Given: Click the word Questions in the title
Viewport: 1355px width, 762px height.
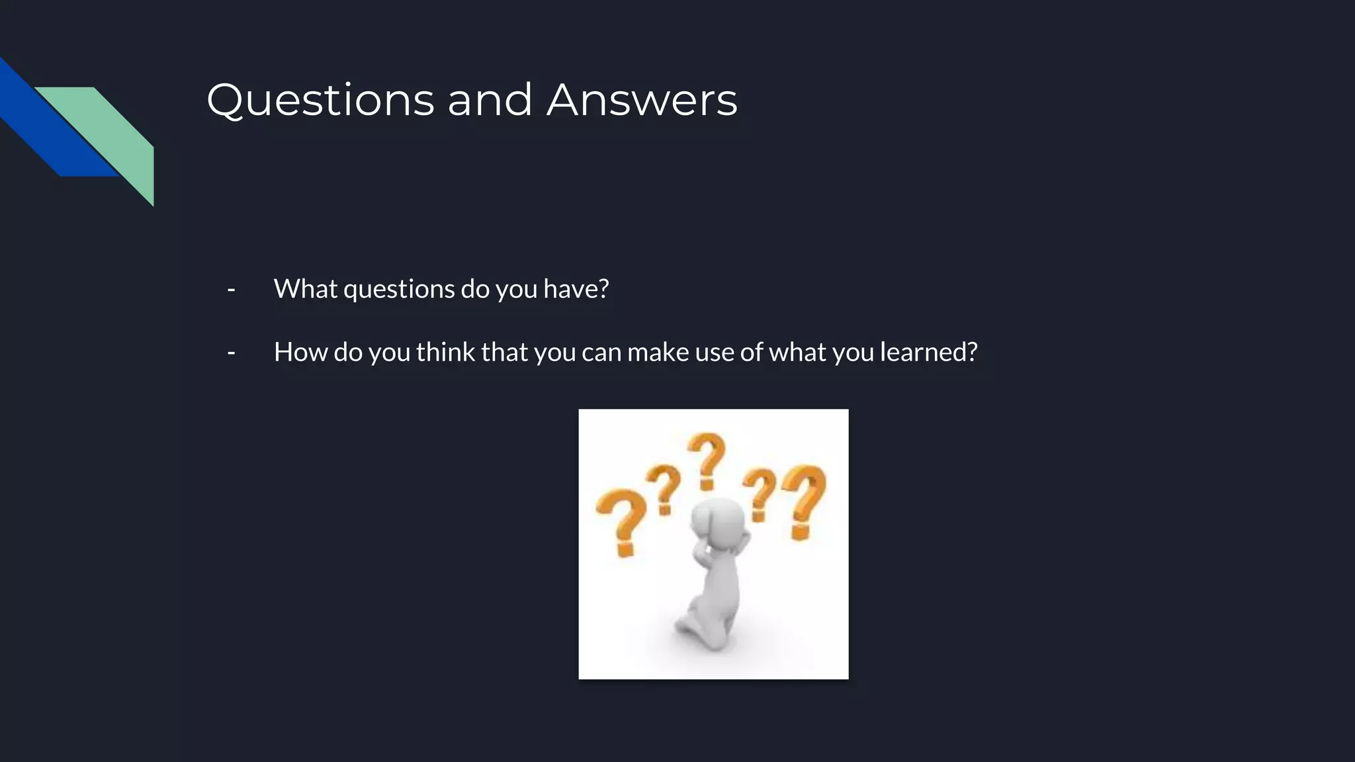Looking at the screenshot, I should (320, 101).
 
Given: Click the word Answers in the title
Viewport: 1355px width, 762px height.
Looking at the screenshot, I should (641, 101).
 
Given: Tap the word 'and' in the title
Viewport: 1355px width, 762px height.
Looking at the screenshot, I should (490, 101).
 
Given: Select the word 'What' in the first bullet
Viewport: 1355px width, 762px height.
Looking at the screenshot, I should (305, 289).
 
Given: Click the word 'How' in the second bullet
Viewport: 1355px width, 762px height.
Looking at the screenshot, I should (300, 353).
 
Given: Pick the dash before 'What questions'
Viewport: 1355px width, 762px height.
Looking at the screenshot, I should (231, 290).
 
